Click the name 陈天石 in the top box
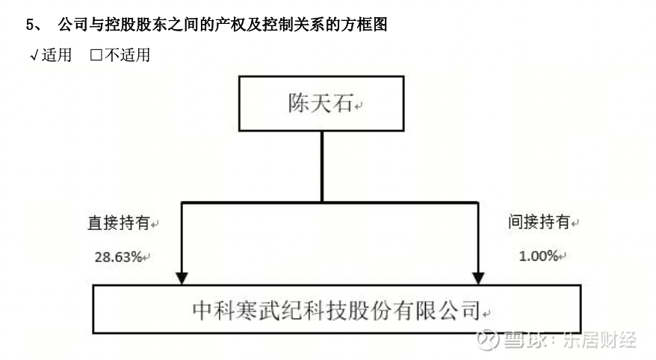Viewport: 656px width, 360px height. click(321, 103)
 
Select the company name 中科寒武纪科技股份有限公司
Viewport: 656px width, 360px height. click(336, 310)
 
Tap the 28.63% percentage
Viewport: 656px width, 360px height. click(118, 257)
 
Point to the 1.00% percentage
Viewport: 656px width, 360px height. click(539, 255)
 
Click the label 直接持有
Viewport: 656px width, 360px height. click(119, 223)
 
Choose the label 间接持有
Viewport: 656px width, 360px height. click(539, 221)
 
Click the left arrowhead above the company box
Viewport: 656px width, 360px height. click(182, 278)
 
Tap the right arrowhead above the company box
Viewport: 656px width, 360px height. click(478, 278)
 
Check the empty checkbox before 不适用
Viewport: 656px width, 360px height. click(96, 55)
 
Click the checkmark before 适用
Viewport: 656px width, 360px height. click(34, 55)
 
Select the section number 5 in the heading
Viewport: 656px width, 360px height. click(30, 25)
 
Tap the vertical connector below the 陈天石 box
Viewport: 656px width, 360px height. click(322, 167)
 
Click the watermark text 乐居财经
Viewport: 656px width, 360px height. click(599, 340)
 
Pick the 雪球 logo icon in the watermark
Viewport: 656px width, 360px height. click(488, 339)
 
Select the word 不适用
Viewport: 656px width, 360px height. click(127, 55)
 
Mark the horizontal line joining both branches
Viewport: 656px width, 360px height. click(329, 203)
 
